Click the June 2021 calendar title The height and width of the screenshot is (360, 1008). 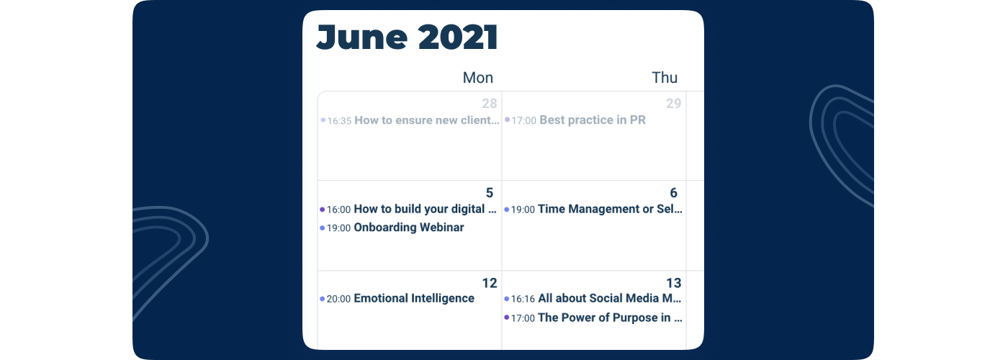point(408,37)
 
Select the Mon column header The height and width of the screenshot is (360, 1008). point(478,78)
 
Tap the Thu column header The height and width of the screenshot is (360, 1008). point(665,78)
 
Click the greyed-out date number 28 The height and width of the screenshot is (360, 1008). point(490,104)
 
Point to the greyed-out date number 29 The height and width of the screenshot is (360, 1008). point(674,104)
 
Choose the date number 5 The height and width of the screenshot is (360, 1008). point(490,193)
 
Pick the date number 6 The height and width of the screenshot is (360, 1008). point(674,193)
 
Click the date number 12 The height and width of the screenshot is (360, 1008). point(490,283)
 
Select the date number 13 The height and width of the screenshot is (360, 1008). point(674,283)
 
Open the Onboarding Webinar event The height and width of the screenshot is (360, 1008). point(409,228)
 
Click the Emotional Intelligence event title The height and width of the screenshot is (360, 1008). point(414,298)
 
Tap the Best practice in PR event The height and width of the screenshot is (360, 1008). point(592,120)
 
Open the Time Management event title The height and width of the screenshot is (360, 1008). point(611,210)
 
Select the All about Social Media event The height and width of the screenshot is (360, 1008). point(610,298)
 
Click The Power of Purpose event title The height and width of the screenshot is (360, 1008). point(611,318)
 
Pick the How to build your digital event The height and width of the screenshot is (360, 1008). point(426,210)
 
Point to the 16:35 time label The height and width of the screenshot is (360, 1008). point(339,121)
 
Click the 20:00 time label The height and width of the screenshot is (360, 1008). point(338,299)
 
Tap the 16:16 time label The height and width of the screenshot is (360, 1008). point(523,299)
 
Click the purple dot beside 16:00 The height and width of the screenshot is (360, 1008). point(323,210)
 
